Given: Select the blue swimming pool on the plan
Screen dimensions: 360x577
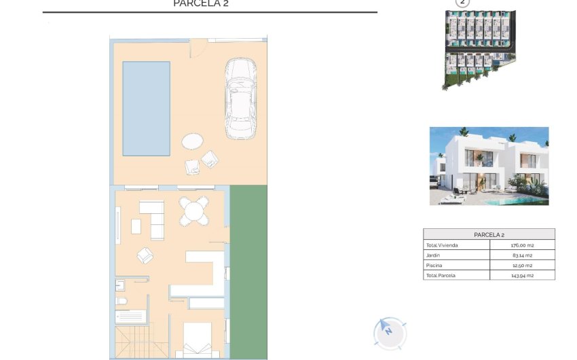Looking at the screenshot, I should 146,108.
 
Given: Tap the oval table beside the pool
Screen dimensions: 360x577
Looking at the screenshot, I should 192,141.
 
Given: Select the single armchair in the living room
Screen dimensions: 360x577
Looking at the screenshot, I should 145,255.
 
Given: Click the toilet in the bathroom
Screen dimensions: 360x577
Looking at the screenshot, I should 122,301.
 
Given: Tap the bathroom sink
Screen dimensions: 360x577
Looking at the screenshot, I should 119,285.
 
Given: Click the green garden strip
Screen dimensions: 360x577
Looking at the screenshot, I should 248,272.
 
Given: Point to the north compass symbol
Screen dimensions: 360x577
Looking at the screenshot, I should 389,332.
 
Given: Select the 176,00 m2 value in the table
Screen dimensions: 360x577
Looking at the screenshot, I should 522,245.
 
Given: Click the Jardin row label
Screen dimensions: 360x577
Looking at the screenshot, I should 433,255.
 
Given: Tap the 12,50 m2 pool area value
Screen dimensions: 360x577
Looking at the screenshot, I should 522,266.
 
